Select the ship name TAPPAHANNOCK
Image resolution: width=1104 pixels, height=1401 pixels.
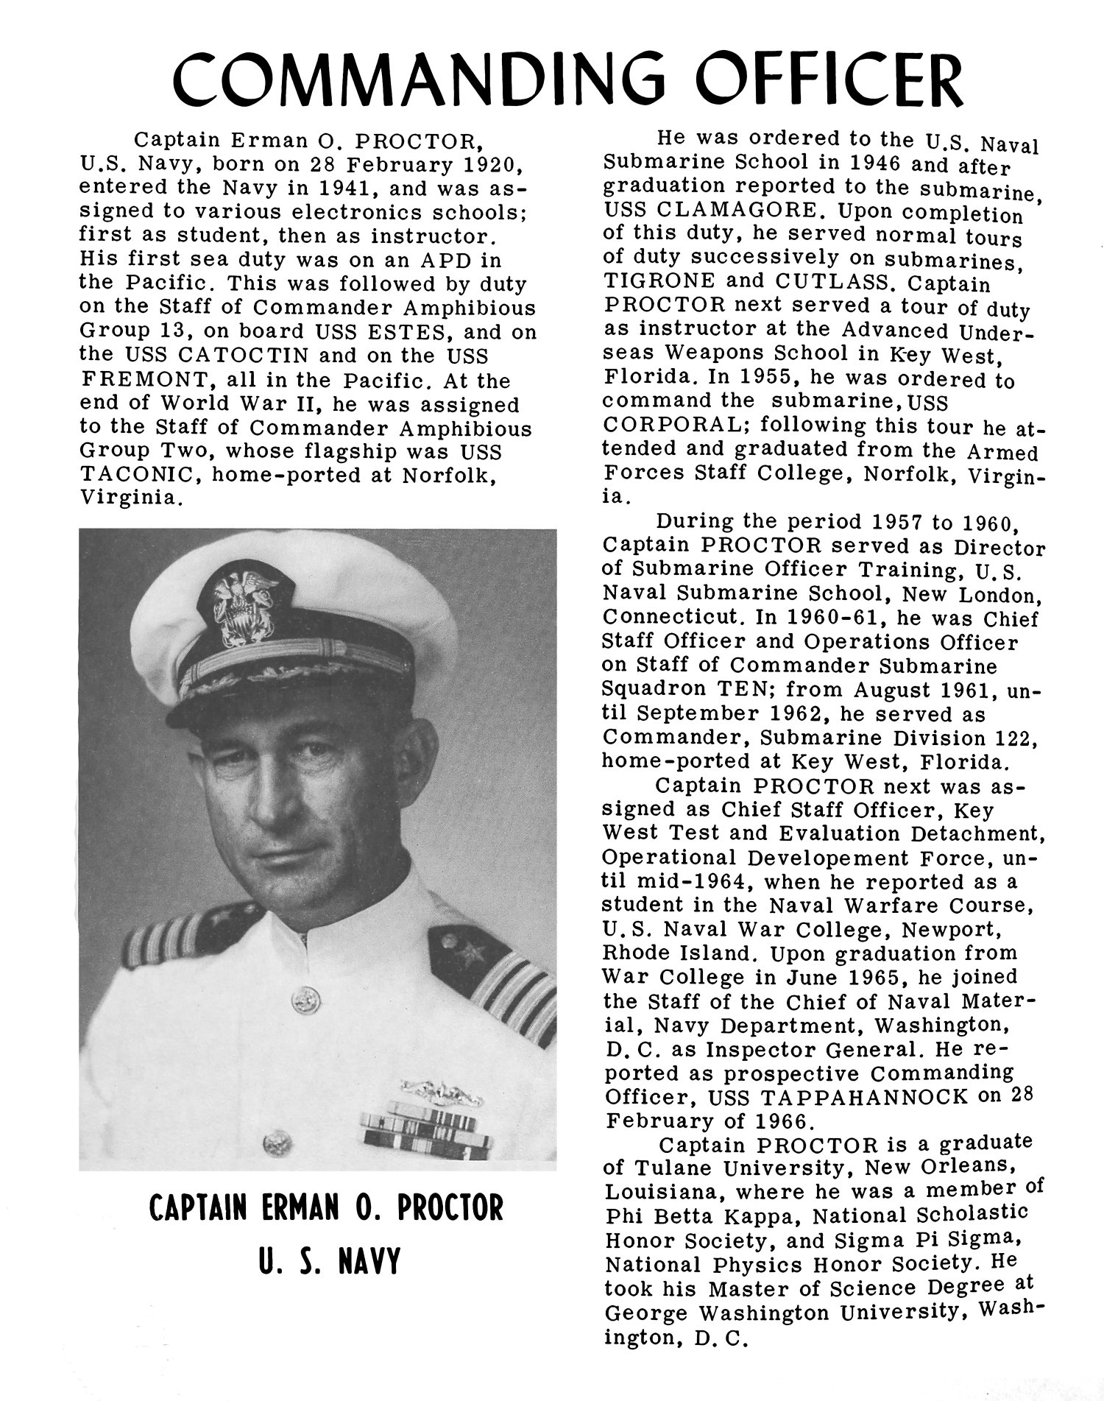click(865, 1097)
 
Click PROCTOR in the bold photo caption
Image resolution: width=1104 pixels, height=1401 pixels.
click(450, 1230)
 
